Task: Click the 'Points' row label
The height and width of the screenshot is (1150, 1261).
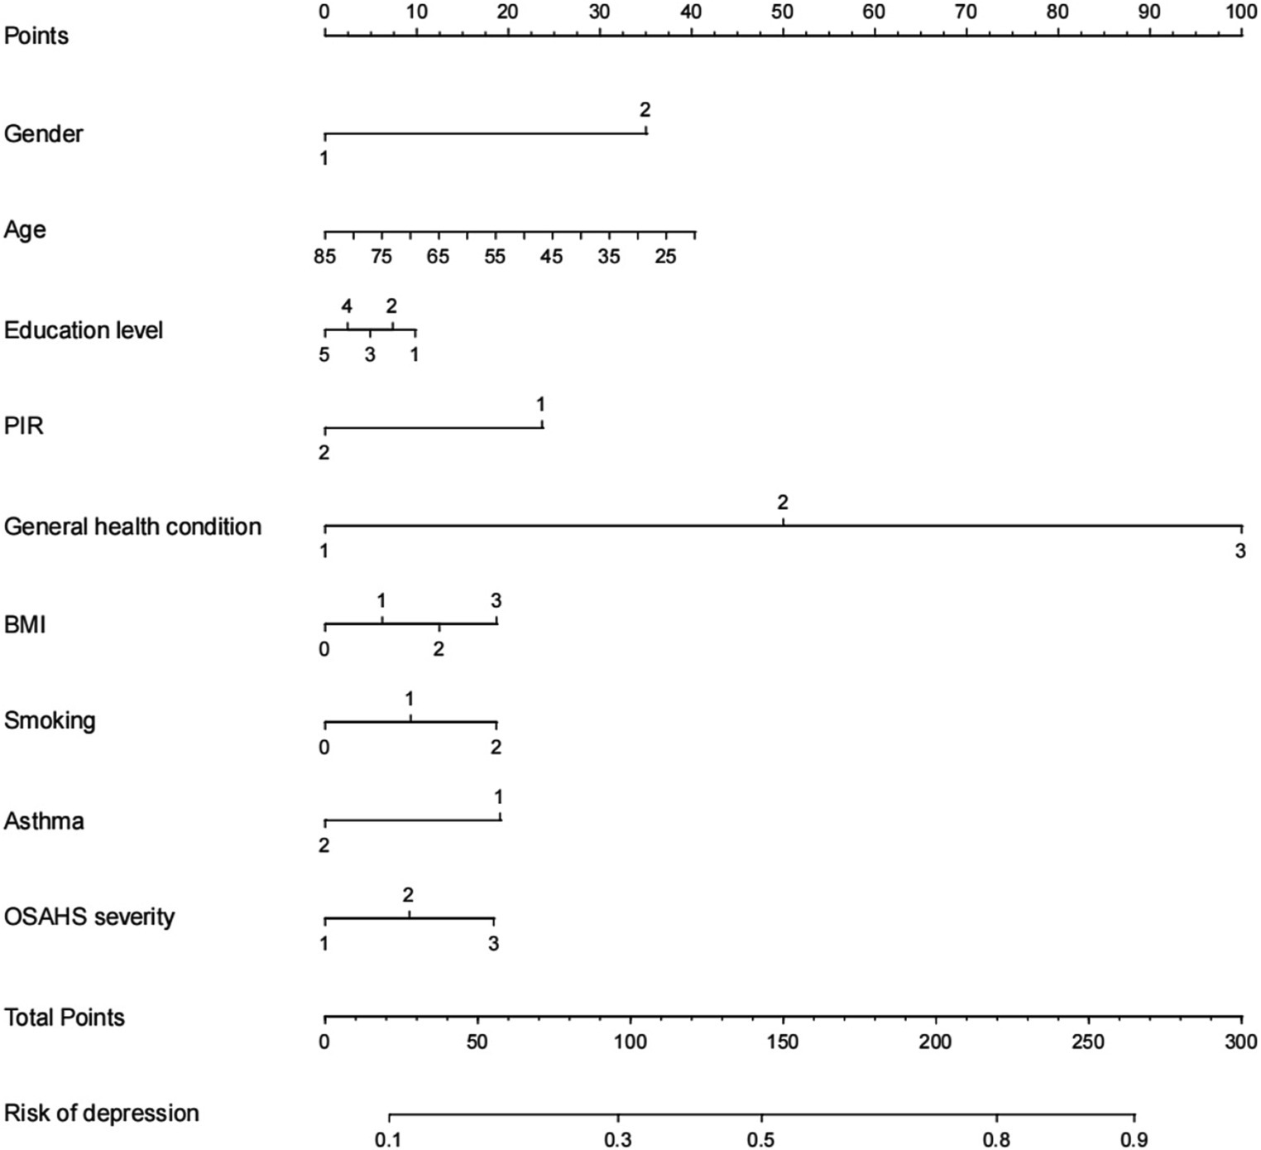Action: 36,36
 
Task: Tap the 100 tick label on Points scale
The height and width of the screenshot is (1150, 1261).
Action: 1239,12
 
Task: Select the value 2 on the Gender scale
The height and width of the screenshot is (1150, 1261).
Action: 645,110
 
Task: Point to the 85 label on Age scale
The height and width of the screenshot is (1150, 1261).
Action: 324,257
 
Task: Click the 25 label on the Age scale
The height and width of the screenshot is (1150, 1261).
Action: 665,257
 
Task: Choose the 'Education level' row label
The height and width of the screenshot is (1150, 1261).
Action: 84,330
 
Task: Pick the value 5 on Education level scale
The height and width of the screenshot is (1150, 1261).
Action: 324,354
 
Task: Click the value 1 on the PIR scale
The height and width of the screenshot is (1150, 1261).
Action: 541,405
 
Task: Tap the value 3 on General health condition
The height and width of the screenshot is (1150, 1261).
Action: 1239,551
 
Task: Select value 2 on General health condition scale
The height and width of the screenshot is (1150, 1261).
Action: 783,503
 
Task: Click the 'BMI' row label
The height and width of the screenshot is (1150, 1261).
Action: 25,624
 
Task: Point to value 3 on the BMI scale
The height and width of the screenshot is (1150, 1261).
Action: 496,601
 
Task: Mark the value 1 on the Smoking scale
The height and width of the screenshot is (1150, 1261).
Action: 410,700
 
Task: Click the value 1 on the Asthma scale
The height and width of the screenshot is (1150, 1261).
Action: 499,797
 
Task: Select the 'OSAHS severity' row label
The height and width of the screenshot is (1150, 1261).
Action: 89,917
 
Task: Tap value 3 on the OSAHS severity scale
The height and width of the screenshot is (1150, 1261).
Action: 493,944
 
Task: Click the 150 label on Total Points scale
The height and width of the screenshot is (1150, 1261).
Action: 783,1042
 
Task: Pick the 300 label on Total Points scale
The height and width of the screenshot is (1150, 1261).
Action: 1239,1042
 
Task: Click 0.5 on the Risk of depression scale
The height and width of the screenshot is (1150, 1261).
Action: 761,1140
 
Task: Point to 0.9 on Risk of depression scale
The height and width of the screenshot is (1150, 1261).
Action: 1135,1140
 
